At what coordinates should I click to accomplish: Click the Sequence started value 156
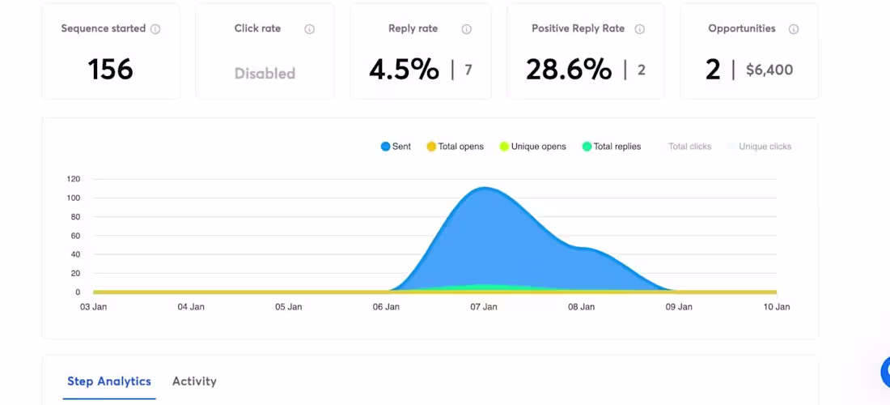[110, 70]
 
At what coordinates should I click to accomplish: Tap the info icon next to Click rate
[309, 29]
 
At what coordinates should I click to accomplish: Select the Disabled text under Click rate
[265, 73]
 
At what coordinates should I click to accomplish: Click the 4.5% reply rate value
[404, 70]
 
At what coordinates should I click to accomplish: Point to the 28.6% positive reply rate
[569, 70]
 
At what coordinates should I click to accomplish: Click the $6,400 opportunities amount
[769, 70]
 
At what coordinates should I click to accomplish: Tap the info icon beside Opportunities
[794, 29]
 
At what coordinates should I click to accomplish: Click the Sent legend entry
[396, 147]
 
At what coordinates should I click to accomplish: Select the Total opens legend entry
[455, 147]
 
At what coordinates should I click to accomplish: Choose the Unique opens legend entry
[532, 147]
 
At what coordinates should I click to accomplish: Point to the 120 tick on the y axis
[74, 179]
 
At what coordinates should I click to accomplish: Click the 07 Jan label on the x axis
[484, 307]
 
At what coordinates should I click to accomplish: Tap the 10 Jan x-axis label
[777, 307]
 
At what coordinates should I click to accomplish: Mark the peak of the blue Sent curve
[484, 188]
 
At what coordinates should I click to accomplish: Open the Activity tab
[194, 381]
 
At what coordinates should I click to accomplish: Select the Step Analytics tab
[109, 381]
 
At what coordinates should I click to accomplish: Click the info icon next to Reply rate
[467, 29]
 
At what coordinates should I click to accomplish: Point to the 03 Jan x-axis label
[93, 307]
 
